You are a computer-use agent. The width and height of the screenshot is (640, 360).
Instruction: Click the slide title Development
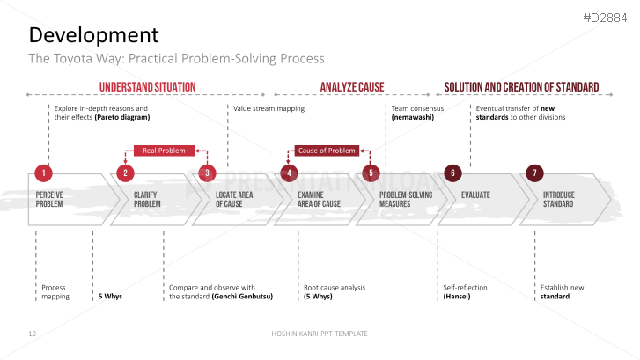(94, 35)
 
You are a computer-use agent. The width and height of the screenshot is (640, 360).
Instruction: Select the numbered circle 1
(44, 173)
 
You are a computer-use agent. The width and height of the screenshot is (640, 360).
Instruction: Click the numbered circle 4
(289, 173)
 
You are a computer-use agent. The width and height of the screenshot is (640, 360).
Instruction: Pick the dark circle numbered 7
(533, 173)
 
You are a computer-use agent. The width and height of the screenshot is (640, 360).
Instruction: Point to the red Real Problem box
(164, 151)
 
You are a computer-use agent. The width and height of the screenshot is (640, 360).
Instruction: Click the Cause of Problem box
(327, 151)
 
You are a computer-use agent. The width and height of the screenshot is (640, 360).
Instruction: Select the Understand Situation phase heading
(147, 87)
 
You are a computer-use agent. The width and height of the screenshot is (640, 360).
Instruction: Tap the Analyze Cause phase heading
(352, 87)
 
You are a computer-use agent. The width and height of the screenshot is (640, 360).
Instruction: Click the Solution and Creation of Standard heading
(521, 87)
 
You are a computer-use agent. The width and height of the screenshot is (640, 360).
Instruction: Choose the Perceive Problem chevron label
(49, 199)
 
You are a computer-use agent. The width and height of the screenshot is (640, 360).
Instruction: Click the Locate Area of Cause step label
(235, 199)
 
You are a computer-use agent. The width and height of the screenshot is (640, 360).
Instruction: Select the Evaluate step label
(475, 195)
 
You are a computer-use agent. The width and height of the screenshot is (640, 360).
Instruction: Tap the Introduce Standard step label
(558, 199)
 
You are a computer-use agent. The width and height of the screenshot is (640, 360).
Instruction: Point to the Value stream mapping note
(269, 108)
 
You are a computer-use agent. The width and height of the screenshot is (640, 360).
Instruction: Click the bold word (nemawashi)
(413, 117)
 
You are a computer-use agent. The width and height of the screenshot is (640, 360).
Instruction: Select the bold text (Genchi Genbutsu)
(242, 297)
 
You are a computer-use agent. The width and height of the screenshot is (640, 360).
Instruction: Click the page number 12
(32, 334)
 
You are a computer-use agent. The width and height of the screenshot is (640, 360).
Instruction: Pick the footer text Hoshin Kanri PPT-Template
(319, 334)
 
